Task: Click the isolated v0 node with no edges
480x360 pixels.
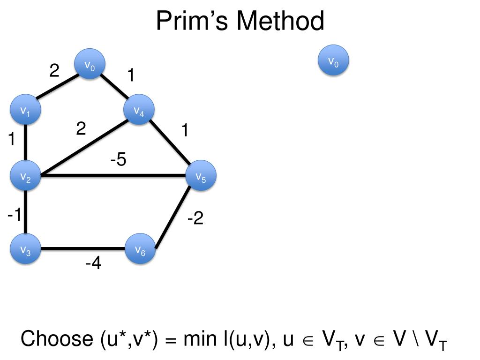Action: (333, 60)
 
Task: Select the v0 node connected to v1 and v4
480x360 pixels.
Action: (90, 65)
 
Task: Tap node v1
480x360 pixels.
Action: (25, 110)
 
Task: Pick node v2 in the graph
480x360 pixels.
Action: (25, 176)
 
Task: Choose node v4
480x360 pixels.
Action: (139, 110)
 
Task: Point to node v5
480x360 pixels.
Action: (201, 176)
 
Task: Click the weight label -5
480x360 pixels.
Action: (118, 160)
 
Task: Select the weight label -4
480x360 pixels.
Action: (93, 264)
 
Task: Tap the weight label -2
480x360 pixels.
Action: (195, 218)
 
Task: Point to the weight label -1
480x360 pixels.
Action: (14, 215)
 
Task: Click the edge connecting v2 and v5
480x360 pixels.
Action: (112, 176)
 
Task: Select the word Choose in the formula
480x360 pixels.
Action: (57, 339)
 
